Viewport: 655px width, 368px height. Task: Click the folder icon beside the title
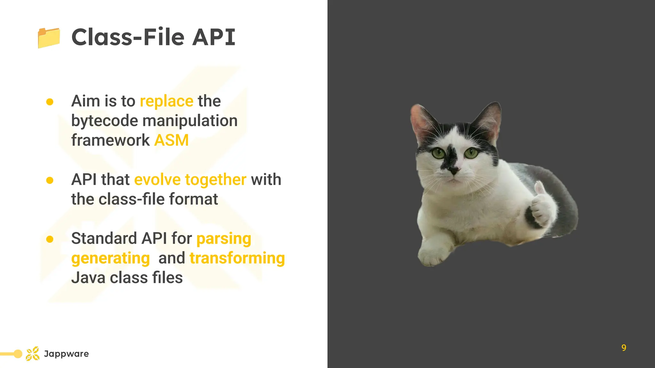[x=49, y=38]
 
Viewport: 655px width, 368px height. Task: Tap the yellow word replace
[x=166, y=102]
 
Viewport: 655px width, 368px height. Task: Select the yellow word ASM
[x=171, y=141]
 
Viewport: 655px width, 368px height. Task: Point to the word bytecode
[x=105, y=121]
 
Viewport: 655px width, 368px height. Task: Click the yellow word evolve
[x=157, y=180]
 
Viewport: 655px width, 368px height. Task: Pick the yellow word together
[x=216, y=180]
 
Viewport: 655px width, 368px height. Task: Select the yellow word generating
[x=110, y=259]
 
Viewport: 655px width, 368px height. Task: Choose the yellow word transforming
[x=237, y=258]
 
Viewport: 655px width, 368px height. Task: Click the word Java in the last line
[x=88, y=278]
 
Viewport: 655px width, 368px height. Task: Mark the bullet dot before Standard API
[x=50, y=239]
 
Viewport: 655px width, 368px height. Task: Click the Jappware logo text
[x=66, y=354]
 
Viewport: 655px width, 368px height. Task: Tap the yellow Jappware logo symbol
[x=33, y=354]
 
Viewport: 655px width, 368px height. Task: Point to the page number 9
[x=624, y=348]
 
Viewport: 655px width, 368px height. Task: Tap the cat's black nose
[x=454, y=171]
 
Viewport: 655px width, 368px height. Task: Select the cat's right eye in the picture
[x=470, y=153]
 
